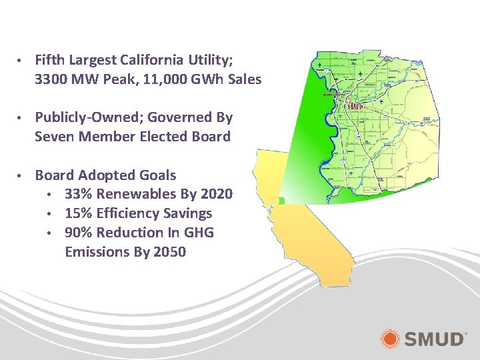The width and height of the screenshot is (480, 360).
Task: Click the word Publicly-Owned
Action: tap(87, 118)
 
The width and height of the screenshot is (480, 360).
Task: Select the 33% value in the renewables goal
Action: tap(79, 195)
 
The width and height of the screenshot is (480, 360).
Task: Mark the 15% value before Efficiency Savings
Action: tap(79, 213)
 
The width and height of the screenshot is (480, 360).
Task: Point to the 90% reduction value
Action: tap(79, 233)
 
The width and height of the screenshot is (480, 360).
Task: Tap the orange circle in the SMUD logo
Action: tap(390, 338)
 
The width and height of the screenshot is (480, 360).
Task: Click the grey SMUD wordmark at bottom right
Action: tap(433, 339)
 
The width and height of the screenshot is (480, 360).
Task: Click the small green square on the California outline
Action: tap(282, 200)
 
